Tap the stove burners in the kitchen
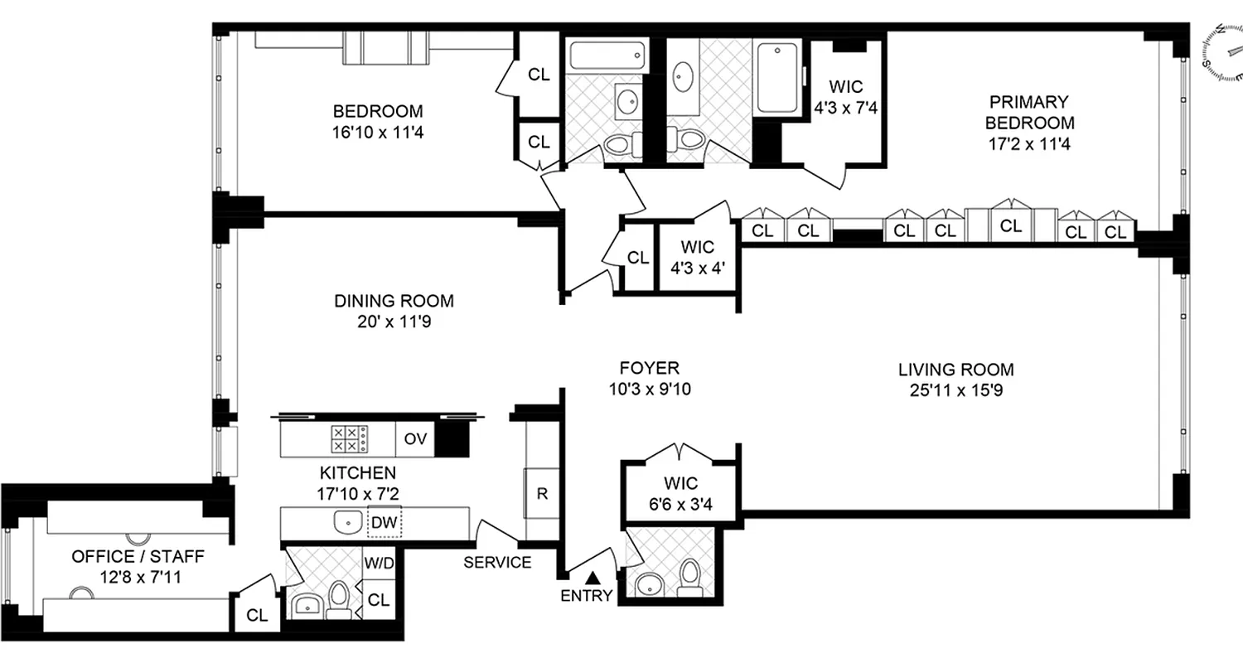(x=349, y=438)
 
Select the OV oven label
(x=415, y=439)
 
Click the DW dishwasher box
(x=383, y=523)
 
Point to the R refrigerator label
(x=542, y=494)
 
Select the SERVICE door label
(x=497, y=563)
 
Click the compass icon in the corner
(x=1221, y=53)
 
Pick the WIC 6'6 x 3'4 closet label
(x=680, y=492)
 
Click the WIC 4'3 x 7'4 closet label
(x=845, y=96)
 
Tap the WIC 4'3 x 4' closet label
(x=697, y=256)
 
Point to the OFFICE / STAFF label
(x=126, y=556)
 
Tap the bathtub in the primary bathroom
(x=776, y=77)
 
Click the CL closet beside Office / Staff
(x=258, y=615)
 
